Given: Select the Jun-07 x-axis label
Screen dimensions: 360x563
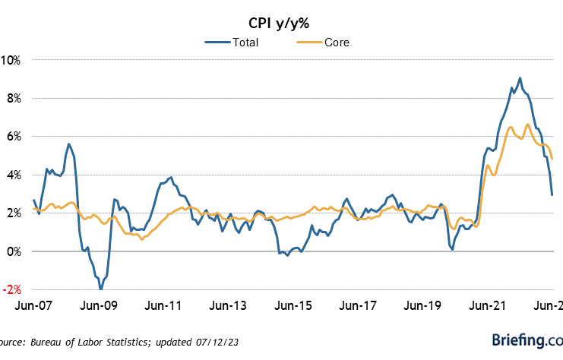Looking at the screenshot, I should [x=33, y=307].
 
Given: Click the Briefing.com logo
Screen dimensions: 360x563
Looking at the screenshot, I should [x=526, y=339].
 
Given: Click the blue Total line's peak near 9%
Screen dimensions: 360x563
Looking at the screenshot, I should [x=520, y=78].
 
